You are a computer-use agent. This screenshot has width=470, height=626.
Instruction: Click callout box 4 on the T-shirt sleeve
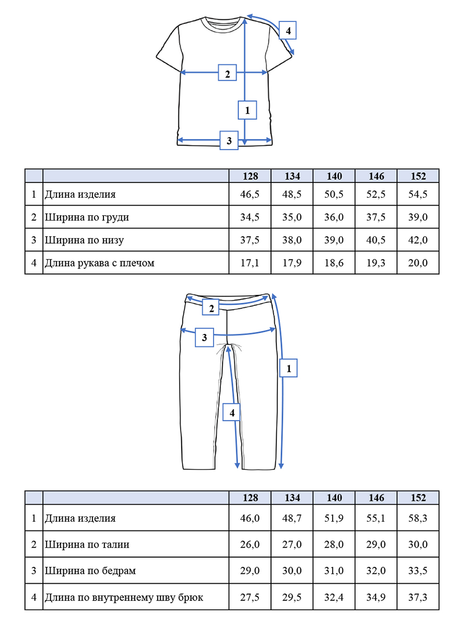tap(287, 30)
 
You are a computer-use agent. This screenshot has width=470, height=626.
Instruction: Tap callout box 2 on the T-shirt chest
tap(227, 73)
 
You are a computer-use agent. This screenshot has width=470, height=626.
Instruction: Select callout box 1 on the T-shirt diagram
tap(248, 110)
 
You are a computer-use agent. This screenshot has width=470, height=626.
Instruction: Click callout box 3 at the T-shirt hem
tap(229, 140)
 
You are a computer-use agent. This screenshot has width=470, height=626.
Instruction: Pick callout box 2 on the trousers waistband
tap(210, 307)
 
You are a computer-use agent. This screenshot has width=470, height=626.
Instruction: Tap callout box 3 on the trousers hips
tap(204, 338)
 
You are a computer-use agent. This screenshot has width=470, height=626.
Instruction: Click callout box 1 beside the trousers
tap(288, 368)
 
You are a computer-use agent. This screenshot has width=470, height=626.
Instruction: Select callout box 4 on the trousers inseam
tap(231, 412)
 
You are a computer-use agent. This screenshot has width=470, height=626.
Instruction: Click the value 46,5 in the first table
tap(250, 194)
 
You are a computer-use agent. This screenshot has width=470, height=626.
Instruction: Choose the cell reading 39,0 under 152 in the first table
tap(418, 217)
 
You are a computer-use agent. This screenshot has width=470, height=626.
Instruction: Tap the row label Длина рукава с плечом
tap(99, 263)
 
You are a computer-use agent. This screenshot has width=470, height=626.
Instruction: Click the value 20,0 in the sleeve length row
tap(418, 263)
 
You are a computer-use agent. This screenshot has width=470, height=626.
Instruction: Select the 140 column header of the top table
tap(334, 176)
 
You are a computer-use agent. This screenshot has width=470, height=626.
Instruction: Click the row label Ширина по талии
tap(87, 545)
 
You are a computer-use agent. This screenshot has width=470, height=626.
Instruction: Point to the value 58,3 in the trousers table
tap(418, 518)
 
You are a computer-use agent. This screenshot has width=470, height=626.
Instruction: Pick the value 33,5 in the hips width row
tap(418, 571)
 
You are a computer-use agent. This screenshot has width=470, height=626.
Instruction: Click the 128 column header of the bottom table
tap(250, 498)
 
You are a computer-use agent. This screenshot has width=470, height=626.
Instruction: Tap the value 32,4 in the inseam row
tap(334, 597)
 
